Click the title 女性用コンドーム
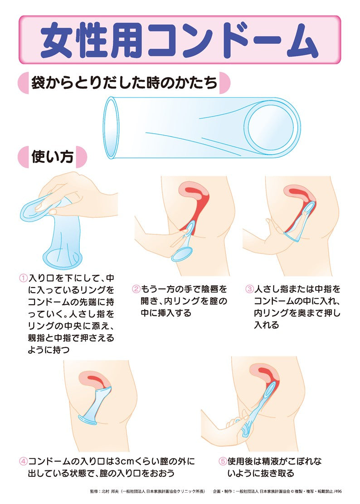click(x=180, y=40)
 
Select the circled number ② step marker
click(x=136, y=289)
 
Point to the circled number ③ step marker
click(x=249, y=289)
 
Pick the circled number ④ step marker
click(x=23, y=461)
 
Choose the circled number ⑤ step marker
click(x=223, y=461)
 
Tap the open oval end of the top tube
click(x=112, y=127)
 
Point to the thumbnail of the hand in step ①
click(x=54, y=211)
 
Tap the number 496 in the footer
click(x=338, y=491)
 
